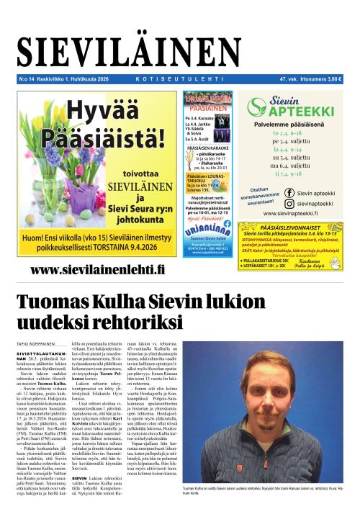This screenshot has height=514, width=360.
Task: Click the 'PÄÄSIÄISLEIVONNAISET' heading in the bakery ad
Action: tap(301, 227)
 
